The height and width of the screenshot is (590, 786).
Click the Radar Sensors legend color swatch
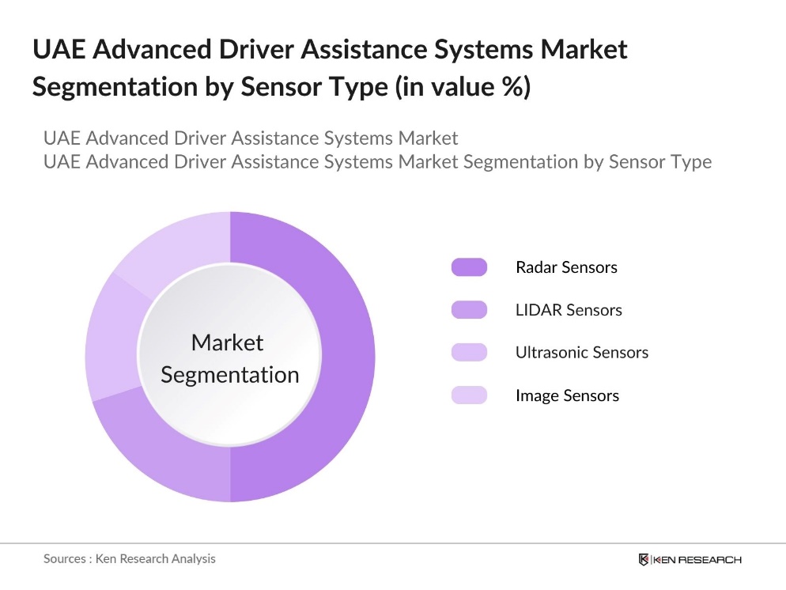pos(469,267)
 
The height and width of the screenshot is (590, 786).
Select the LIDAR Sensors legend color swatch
pos(469,310)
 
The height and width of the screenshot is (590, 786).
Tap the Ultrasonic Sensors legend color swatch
pos(469,353)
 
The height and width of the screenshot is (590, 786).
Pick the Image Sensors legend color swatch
pos(469,395)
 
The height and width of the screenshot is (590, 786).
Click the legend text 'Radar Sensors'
pos(566,267)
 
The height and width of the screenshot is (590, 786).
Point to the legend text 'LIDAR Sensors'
pos(569,310)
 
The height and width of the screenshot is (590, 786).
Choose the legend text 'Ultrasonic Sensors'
pos(582,353)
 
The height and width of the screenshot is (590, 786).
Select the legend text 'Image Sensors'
pos(567,395)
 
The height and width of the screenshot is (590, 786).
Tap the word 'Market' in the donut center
pos(228,342)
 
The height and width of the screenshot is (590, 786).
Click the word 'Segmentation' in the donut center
pos(230,374)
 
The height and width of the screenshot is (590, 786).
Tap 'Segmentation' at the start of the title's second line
pos(115,87)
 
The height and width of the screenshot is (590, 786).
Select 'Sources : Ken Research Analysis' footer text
pos(129,558)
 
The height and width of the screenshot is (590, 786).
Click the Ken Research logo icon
pos(644,559)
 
